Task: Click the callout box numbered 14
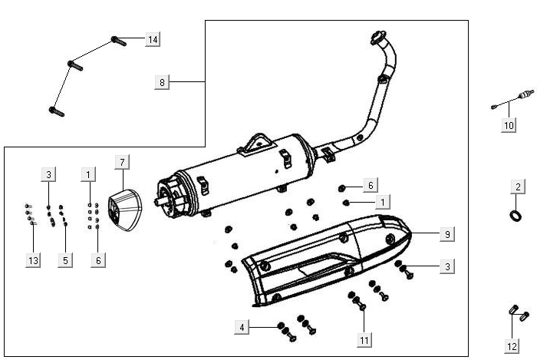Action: click(153, 39)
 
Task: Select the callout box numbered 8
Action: click(162, 81)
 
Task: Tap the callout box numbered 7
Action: click(122, 161)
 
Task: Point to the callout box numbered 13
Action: click(33, 261)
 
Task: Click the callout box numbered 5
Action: click(66, 261)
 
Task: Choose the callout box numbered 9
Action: click(445, 233)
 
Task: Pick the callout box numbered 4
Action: click(242, 328)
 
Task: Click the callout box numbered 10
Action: click(509, 124)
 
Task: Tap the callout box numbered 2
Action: click(518, 187)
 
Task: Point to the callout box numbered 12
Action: click(512, 345)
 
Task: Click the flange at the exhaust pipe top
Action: click(377, 38)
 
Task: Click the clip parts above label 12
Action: click(518, 312)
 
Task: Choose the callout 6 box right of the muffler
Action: click(369, 185)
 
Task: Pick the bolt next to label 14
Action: click(117, 40)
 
